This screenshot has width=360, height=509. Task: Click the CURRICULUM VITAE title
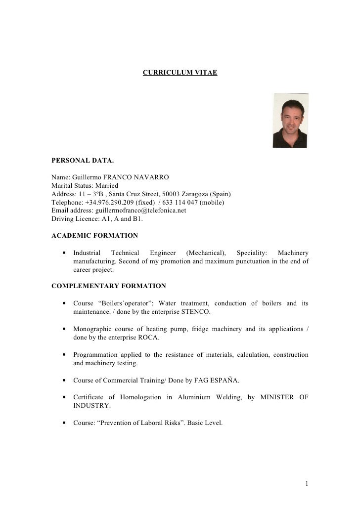(x=180, y=73)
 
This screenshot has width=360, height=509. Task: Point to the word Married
(x=107, y=185)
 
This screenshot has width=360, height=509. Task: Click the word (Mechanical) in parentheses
(x=206, y=253)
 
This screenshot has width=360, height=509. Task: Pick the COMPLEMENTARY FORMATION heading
(x=109, y=286)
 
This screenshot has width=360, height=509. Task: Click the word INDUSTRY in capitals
(x=92, y=406)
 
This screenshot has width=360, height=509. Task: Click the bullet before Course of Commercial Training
(x=65, y=380)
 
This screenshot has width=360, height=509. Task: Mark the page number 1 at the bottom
(x=307, y=483)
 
